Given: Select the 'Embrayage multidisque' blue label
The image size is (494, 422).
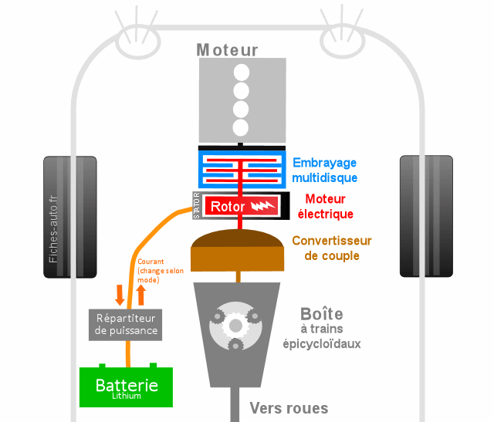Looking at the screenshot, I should point(324,170).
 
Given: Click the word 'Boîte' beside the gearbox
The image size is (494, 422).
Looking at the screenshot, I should point(322,314).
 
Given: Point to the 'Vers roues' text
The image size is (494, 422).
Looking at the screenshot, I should point(289,408).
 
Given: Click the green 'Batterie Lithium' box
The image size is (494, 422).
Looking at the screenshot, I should point(127,387).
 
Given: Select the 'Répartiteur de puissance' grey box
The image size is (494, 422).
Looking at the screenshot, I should point(126,324).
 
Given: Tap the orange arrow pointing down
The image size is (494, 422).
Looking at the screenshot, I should point(120,294).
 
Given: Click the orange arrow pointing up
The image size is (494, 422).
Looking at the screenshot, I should point(140,294).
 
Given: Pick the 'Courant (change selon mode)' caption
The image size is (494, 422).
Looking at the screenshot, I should point(159,272).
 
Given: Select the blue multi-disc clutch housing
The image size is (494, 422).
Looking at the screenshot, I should point(242,169).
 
